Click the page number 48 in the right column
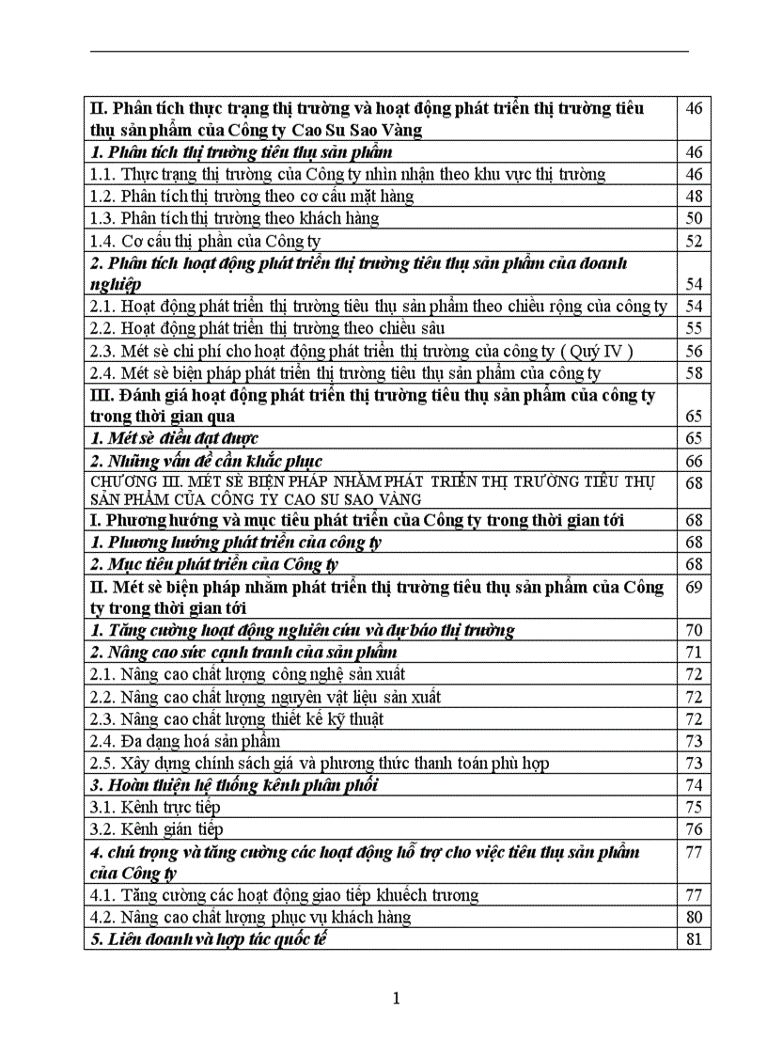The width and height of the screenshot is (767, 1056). coord(694,196)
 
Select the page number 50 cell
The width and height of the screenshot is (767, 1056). coord(694,218)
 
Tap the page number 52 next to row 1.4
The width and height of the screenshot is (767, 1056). coord(694,241)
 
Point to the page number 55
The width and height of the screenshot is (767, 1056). coord(694,328)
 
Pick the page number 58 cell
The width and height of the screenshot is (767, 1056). coord(694,373)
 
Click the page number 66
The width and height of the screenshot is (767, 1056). coord(694,461)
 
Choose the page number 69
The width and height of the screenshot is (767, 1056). coord(694,587)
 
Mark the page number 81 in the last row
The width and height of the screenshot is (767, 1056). coord(694,938)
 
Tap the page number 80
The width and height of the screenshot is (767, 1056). coord(694,917)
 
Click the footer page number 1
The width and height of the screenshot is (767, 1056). coord(396,998)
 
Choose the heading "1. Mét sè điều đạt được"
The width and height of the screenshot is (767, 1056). coord(174,438)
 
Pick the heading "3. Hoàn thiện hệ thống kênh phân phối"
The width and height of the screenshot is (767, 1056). coord(234,785)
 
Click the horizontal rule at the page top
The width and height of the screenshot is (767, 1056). coord(389,51)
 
